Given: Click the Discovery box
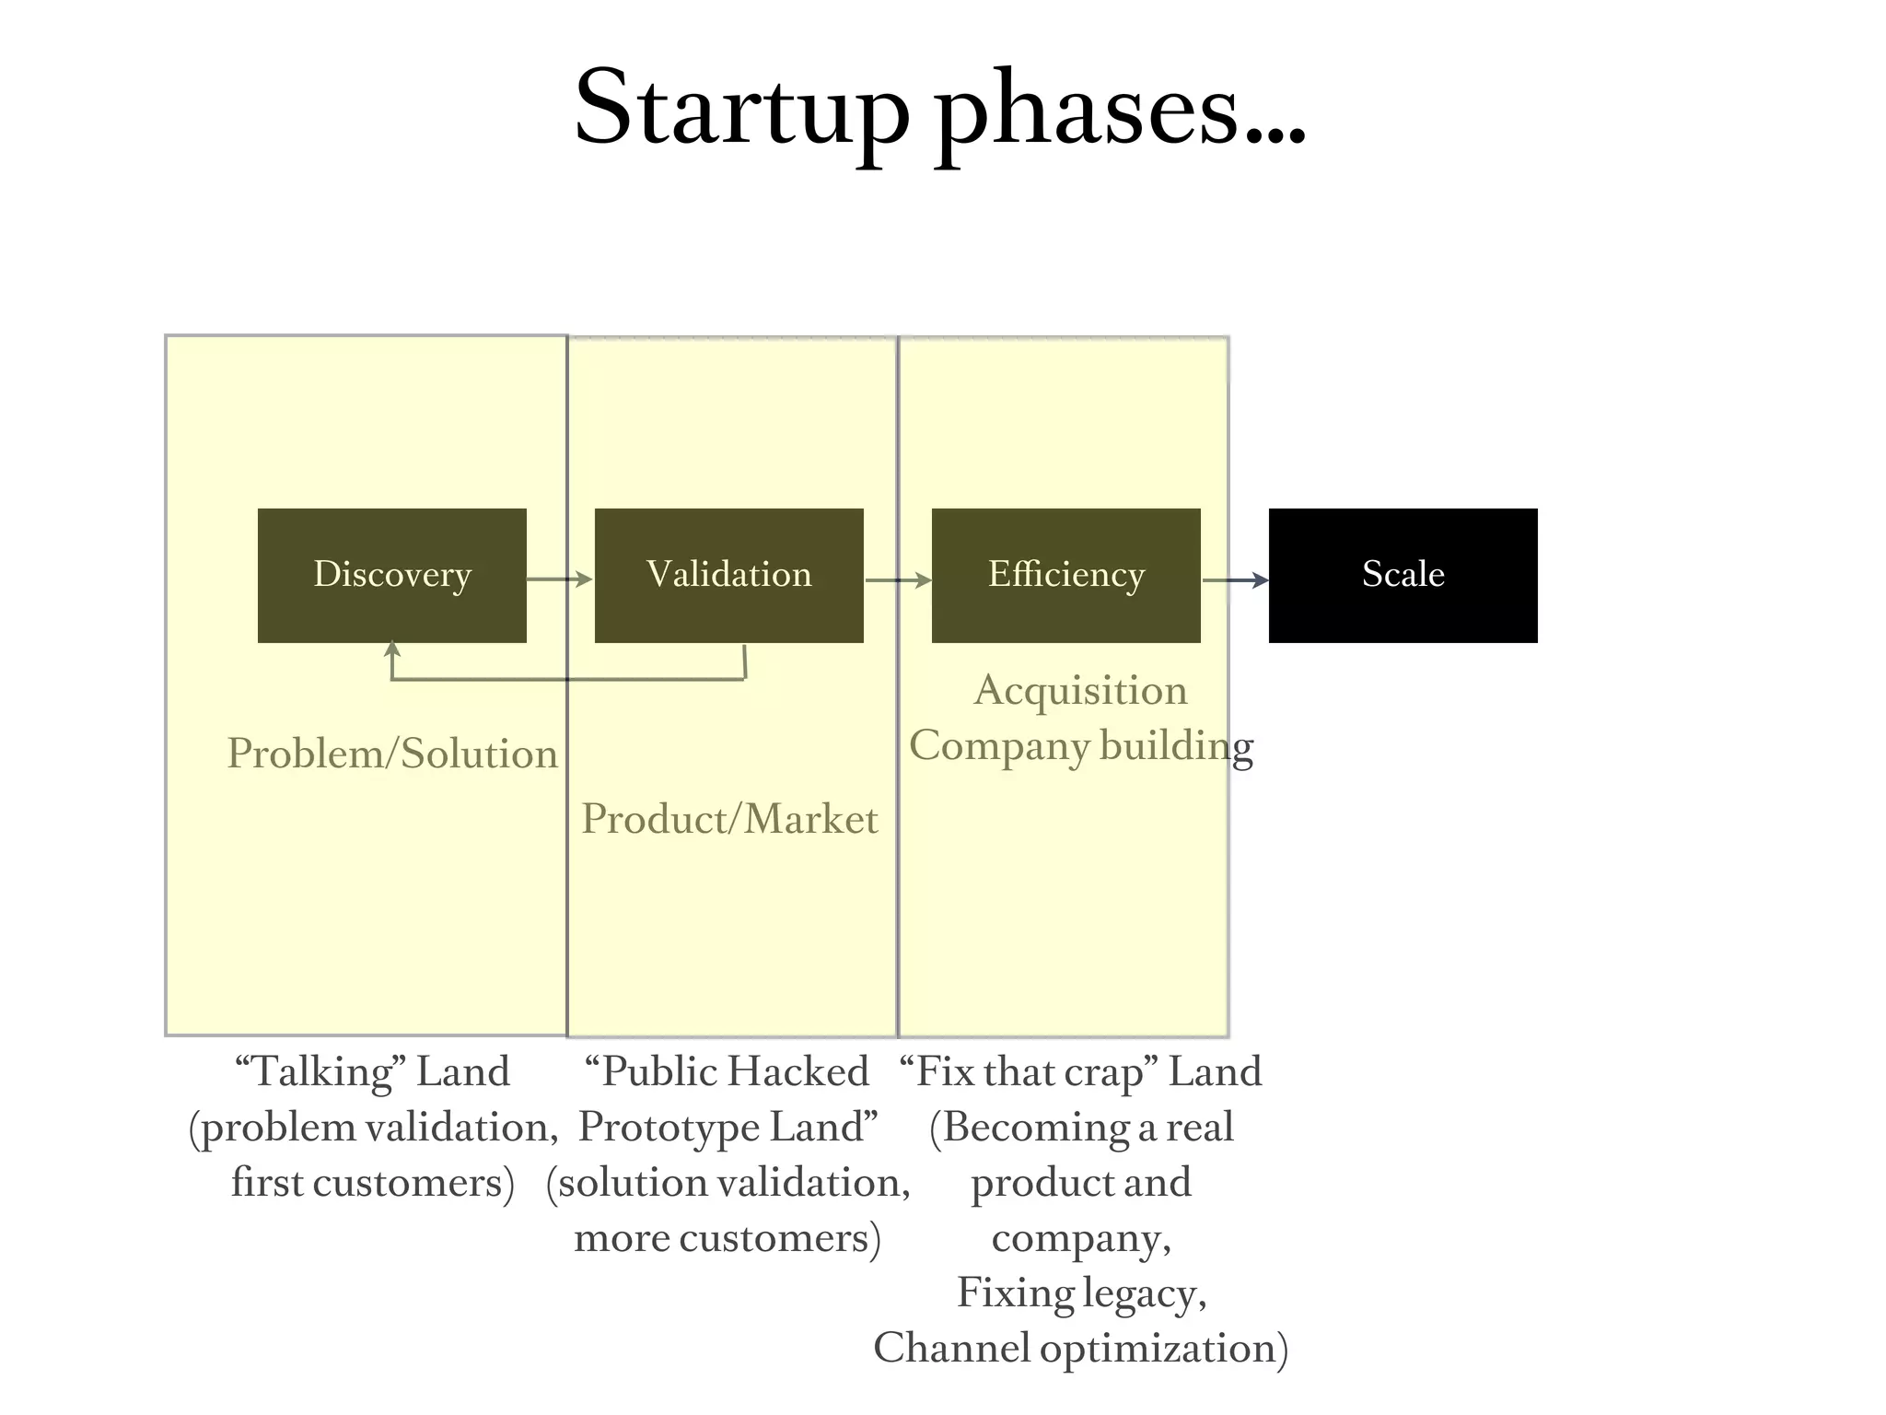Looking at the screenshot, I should [x=391, y=575].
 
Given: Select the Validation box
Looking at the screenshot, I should [x=728, y=575].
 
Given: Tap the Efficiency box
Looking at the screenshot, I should [x=1065, y=575].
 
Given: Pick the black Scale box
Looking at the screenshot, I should [x=1403, y=575].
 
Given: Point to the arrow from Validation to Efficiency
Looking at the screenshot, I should [x=898, y=580].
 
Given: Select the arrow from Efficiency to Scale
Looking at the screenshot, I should [x=1235, y=580].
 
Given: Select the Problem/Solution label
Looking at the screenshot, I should [x=392, y=754].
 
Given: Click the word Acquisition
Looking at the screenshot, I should [x=1081, y=691].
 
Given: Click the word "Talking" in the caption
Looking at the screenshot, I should [x=320, y=1072].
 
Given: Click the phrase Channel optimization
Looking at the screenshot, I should [x=1079, y=1349].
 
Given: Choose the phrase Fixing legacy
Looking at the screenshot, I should [x=1081, y=1293].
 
